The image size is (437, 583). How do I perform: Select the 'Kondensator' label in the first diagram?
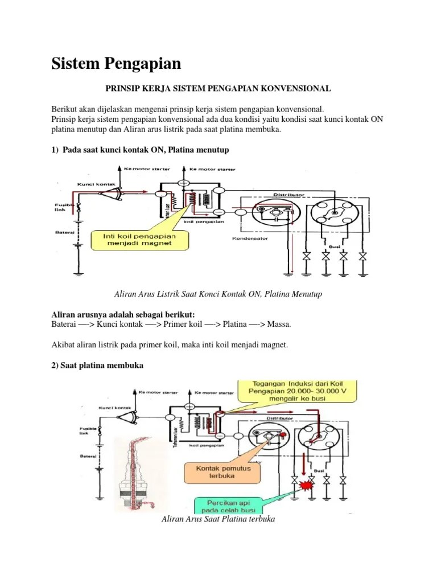pos(249,238)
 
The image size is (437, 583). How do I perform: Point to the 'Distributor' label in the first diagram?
pos(290,194)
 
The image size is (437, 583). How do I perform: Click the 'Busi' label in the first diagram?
pos(333,247)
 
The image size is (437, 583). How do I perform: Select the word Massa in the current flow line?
pos(278,324)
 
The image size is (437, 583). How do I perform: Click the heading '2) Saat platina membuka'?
pos(97,366)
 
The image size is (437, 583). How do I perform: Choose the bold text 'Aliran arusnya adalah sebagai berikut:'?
pos(123,315)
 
